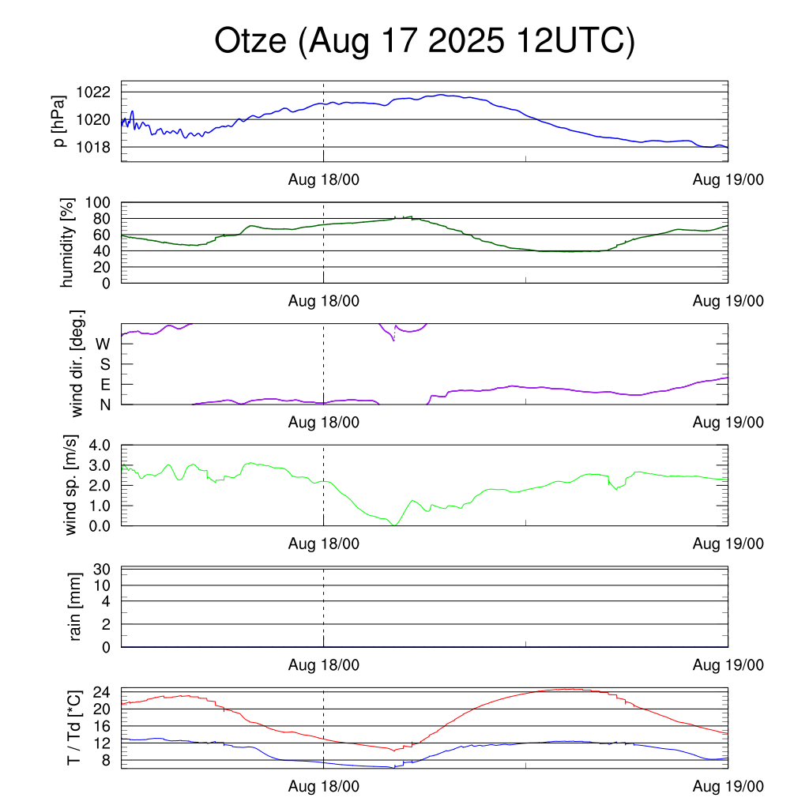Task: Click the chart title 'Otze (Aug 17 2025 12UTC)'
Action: pyautogui.click(x=424, y=42)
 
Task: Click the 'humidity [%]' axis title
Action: pyautogui.click(x=68, y=243)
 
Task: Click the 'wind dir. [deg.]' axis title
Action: pyautogui.click(x=77, y=363)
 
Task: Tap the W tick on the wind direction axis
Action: pyautogui.click(x=103, y=344)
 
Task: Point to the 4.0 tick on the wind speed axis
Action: pyautogui.click(x=101, y=446)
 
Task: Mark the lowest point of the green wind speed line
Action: pyautogui.click(x=393, y=525)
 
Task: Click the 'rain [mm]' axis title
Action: pyautogui.click(x=76, y=608)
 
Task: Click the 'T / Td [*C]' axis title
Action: pyautogui.click(x=73, y=728)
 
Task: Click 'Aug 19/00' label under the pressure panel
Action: pyautogui.click(x=728, y=179)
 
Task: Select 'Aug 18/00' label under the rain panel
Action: pyautogui.click(x=323, y=666)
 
